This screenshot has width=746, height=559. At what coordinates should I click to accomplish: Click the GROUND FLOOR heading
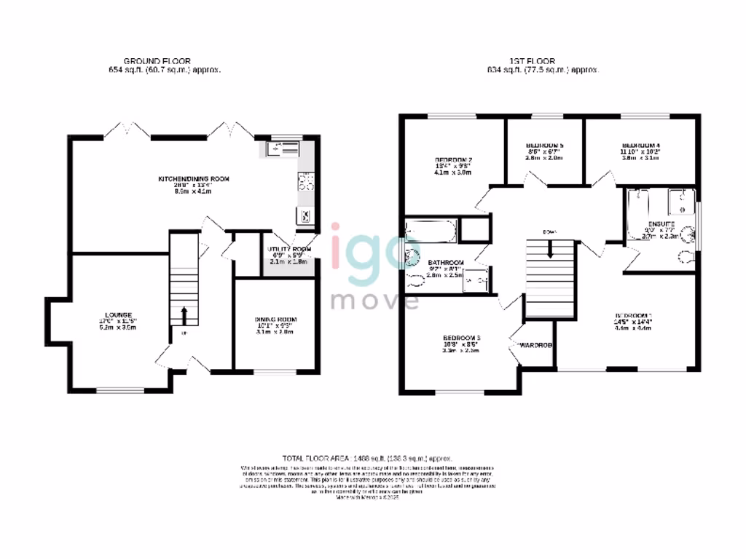(150, 60)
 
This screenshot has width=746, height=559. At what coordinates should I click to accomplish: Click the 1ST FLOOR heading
(532, 60)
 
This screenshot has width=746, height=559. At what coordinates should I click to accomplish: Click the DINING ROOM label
(275, 320)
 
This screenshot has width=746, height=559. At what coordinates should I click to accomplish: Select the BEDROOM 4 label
(640, 145)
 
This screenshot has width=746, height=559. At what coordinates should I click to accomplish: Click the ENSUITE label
(658, 223)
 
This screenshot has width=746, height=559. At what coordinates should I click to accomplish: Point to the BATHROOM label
(446, 262)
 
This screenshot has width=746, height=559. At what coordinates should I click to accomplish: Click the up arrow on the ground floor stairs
(183, 316)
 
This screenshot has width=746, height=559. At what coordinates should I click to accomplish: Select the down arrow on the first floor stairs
(549, 249)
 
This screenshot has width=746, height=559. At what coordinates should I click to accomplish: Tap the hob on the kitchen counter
(305, 182)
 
